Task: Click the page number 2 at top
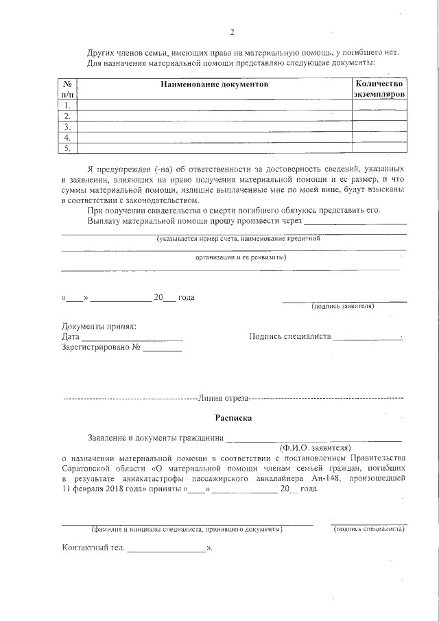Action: tap(232, 32)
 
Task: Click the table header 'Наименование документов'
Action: tap(214, 84)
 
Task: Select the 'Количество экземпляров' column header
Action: tap(379, 89)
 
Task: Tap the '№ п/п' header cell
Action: tap(68, 89)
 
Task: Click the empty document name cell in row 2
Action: tap(214, 117)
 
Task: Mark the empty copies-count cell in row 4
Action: tap(379, 137)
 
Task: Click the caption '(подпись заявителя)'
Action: tap(342, 306)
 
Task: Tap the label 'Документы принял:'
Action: tap(99, 326)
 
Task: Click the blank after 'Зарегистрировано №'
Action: tap(163, 349)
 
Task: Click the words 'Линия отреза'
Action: tap(222, 398)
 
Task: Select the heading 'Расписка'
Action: tap(233, 417)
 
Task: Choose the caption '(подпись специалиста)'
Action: tap(368, 530)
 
